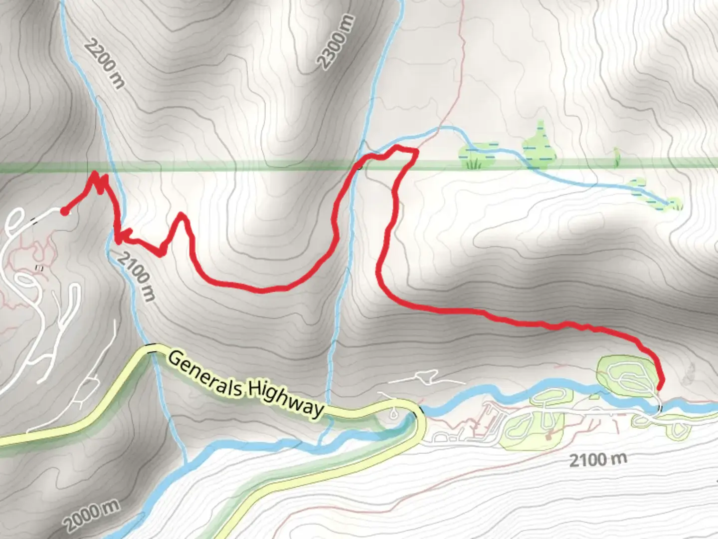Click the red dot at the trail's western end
tap(64, 212)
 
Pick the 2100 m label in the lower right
tap(598, 459)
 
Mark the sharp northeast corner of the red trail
tap(415, 150)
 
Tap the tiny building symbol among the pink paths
tap(39, 269)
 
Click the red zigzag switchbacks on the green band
tap(100, 183)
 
